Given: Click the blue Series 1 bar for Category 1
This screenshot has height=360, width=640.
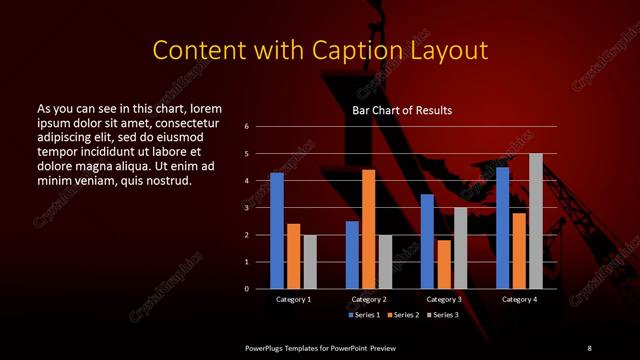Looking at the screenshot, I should (x=277, y=231).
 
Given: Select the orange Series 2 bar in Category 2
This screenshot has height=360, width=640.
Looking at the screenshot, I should (x=369, y=229).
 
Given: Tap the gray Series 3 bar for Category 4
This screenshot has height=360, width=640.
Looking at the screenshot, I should (x=536, y=221).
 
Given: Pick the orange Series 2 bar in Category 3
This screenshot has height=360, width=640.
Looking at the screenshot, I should (x=444, y=264).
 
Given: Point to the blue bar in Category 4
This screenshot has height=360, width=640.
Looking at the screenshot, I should (x=502, y=228).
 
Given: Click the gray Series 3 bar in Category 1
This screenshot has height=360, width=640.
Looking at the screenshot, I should (x=310, y=262).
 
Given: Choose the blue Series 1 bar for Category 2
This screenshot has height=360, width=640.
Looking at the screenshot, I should (x=352, y=255).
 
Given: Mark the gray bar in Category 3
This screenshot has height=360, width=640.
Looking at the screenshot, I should (x=460, y=248).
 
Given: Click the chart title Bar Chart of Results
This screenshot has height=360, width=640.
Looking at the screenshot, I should (x=402, y=110).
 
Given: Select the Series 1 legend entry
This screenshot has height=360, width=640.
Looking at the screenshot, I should (x=363, y=315).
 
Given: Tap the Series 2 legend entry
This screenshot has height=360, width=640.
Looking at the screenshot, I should (x=402, y=315).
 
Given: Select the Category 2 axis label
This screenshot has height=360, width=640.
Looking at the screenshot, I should (x=369, y=299).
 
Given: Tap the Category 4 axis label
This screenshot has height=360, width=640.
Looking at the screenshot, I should (x=519, y=299).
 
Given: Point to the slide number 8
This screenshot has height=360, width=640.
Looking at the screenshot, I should (x=589, y=347).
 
